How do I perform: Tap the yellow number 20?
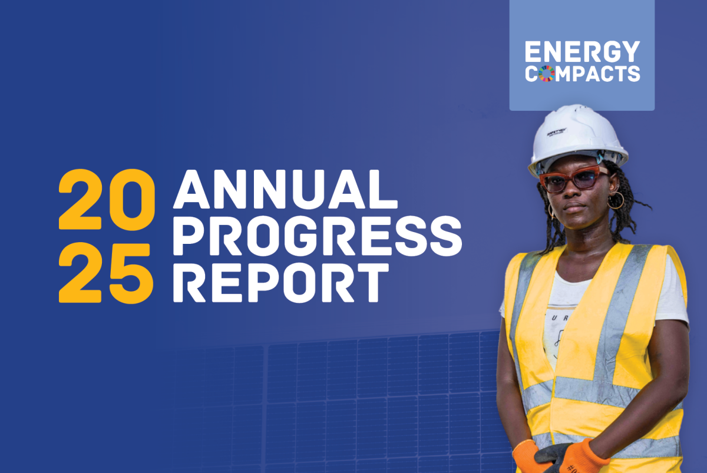click(106, 200)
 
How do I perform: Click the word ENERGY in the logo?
click(582, 52)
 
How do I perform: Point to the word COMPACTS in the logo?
click(582, 74)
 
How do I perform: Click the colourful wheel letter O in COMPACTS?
click(547, 74)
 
